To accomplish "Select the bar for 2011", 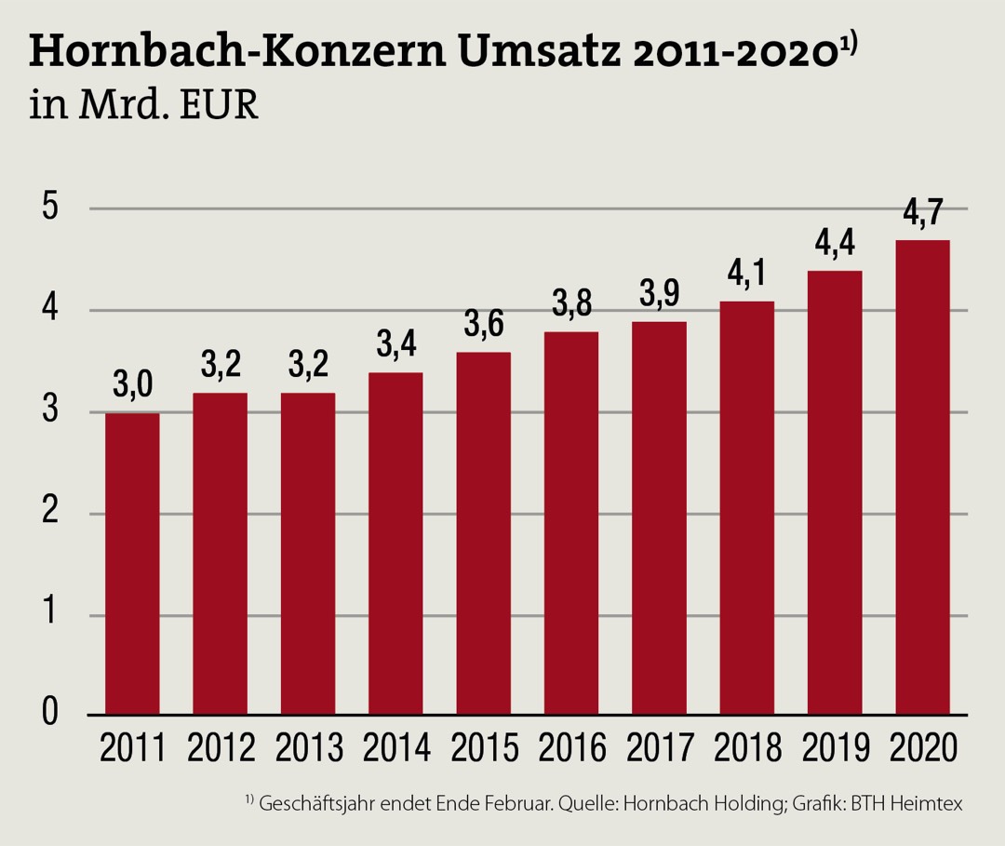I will [x=132, y=564].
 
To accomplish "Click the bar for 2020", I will [x=922, y=477].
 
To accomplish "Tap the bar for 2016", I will [x=571, y=523].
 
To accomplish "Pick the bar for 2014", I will [x=395, y=544].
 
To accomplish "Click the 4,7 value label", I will [x=922, y=214].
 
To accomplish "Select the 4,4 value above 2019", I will [x=835, y=245].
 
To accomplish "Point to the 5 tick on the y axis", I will [x=49, y=208].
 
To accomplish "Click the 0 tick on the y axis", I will [x=49, y=715].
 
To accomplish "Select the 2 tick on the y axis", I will [x=49, y=513].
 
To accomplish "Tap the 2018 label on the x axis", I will [x=746, y=747].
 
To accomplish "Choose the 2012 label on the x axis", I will [x=221, y=747].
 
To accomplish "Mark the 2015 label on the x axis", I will [x=483, y=747].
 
